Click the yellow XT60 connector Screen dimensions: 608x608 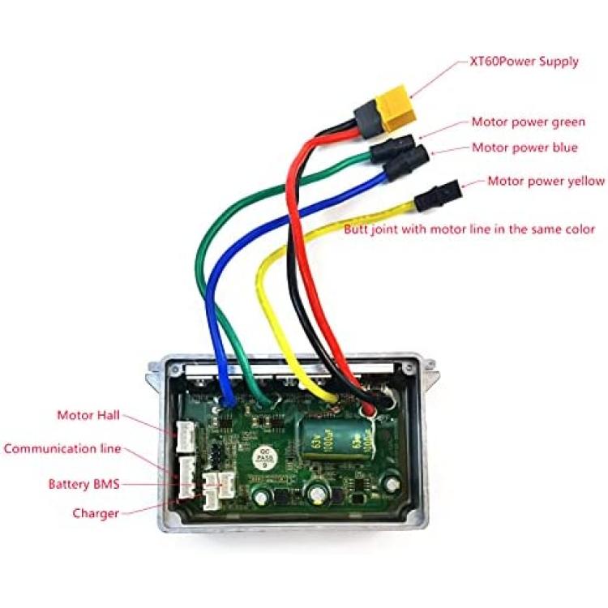pos(394,109)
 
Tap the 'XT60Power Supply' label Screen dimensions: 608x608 pos(524,62)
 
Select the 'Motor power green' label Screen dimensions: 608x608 pos(528,122)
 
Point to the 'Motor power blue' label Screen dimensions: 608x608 pos(525,148)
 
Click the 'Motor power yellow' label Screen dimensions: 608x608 pos(546,181)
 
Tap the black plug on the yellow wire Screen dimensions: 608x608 pos(438,196)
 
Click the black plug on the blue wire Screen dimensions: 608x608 pos(406,164)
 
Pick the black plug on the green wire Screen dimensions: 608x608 pos(392,149)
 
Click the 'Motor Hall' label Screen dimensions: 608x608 pos(88,415)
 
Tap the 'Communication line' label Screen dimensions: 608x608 pos(62,449)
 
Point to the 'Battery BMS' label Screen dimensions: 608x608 pos(83,484)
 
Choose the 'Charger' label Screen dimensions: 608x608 pos(96,513)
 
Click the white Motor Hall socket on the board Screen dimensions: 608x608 pos(186,438)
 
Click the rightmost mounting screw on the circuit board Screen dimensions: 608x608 pos(392,483)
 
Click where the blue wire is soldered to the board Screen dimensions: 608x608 pos(228,403)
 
